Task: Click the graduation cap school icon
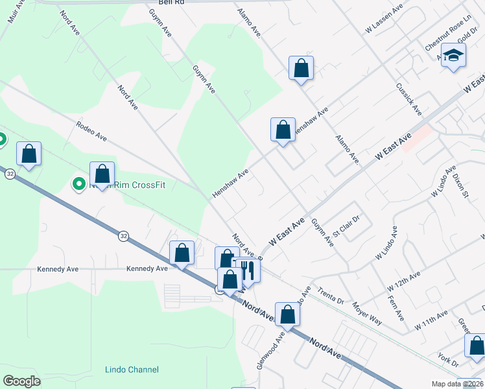[x=454, y=54]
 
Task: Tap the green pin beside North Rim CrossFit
[x=79, y=185]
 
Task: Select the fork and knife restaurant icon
[x=247, y=270]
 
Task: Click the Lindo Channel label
[x=132, y=370]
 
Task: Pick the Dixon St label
[x=461, y=184]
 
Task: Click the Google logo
[x=21, y=381]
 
